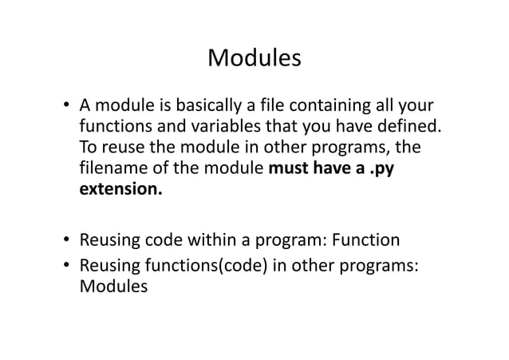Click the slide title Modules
[254, 58]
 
